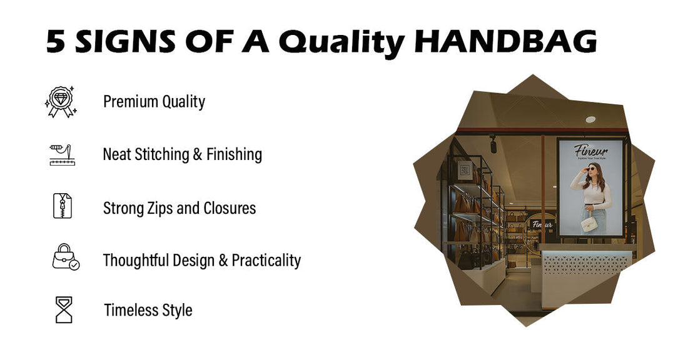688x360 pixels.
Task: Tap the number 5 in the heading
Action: click(56, 41)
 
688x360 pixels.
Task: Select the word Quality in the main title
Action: click(341, 41)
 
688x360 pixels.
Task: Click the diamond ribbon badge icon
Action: click(61, 102)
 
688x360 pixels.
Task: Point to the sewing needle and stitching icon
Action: click(62, 154)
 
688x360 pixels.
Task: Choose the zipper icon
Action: click(63, 206)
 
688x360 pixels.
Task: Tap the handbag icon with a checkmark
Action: click(65, 257)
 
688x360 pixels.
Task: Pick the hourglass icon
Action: click(64, 309)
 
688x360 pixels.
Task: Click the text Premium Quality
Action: click(154, 101)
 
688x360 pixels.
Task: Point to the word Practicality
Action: click(266, 260)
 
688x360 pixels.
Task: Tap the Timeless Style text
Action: click(148, 310)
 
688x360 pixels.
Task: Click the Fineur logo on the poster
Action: click(590, 151)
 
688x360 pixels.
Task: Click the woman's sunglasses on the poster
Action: click(590, 169)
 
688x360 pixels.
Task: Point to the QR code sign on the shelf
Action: click(465, 169)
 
